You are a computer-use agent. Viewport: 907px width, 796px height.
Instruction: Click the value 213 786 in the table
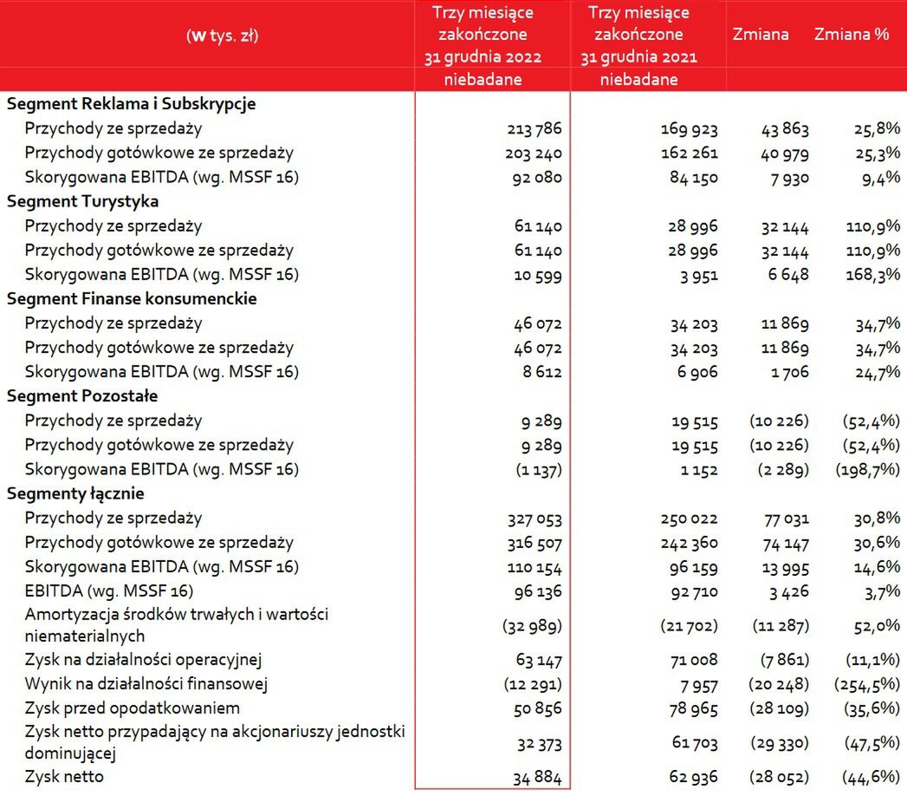534,129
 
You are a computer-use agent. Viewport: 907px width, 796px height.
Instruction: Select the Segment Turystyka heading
82,201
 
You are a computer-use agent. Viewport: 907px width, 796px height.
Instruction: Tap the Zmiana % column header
851,35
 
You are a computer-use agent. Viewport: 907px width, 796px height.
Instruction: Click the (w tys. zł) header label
222,36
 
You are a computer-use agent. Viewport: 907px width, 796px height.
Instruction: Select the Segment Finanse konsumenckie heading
132,299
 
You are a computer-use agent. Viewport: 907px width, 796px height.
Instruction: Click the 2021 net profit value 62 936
689,778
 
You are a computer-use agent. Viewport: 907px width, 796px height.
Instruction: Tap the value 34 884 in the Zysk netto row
534,778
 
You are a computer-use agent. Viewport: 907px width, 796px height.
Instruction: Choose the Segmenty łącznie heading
75,494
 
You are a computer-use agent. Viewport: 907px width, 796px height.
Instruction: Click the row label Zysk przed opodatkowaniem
133,708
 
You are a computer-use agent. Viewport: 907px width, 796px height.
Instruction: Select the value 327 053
534,519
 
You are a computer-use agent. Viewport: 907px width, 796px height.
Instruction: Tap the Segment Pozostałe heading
82,396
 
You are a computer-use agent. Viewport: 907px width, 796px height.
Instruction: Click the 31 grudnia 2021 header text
638,57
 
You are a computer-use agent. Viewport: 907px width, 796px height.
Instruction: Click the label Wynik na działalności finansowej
146,683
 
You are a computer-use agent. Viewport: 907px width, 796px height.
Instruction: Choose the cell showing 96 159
689,568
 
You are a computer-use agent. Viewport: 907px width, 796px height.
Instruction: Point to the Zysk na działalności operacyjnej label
144,659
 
